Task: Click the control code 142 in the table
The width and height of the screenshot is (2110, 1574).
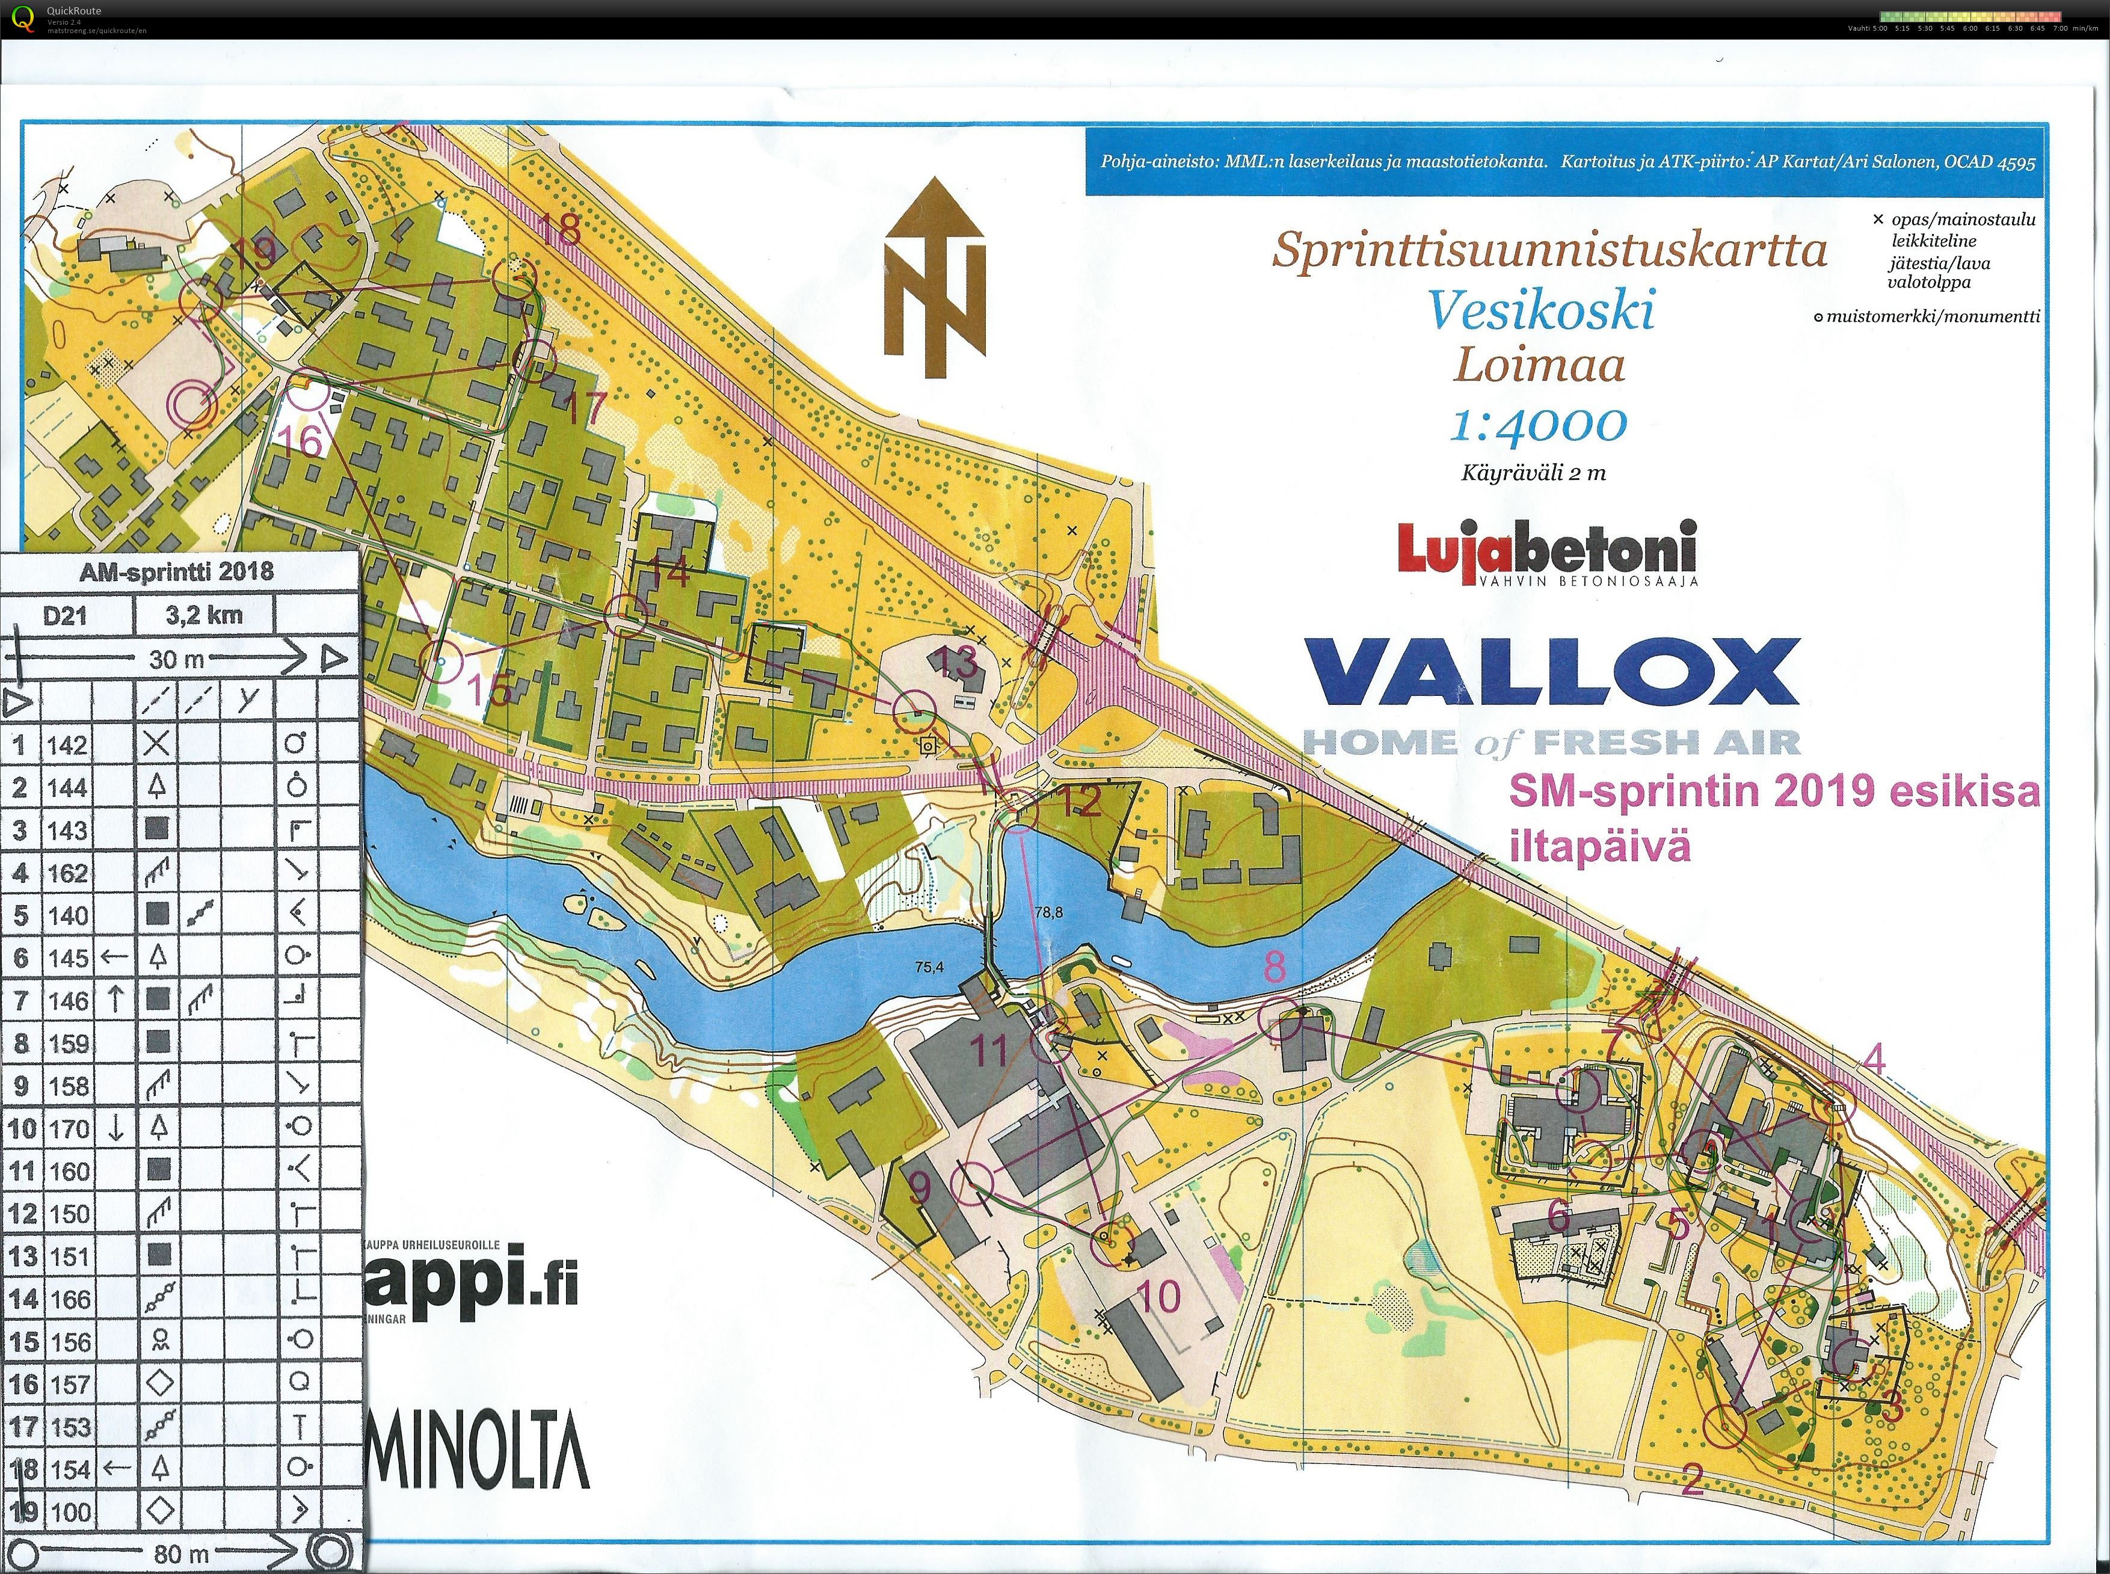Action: point(67,745)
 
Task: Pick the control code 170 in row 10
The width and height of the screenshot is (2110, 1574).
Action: point(69,1129)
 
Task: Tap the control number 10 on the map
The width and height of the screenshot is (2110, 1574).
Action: point(1159,1296)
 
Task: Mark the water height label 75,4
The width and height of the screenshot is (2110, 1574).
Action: point(929,966)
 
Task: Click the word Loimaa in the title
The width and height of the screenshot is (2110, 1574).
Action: point(1539,365)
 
